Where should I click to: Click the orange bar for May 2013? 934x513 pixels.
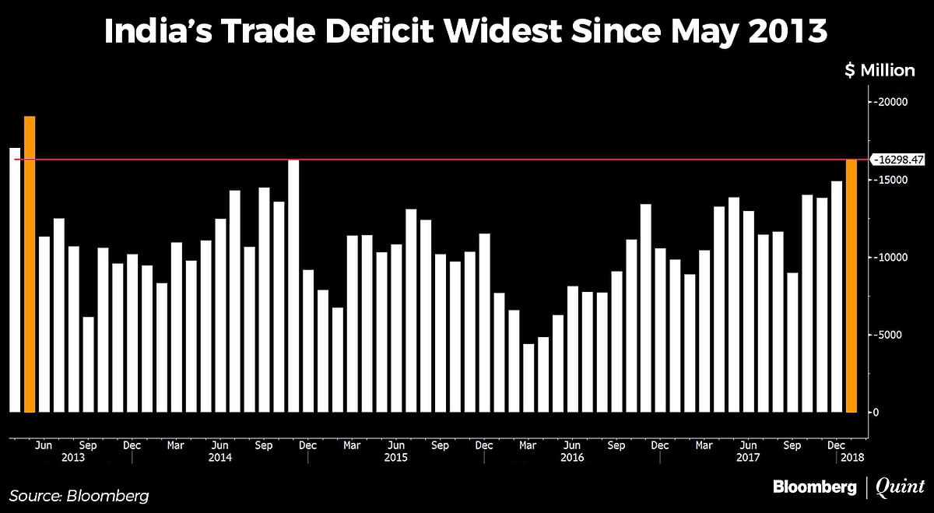point(30,264)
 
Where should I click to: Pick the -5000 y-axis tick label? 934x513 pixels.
point(888,336)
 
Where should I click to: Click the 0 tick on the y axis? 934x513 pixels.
point(877,413)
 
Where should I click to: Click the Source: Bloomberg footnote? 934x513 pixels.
point(79,495)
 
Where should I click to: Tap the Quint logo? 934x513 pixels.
point(901,487)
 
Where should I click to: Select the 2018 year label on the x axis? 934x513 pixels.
point(853,459)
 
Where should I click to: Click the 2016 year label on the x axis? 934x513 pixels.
point(572,459)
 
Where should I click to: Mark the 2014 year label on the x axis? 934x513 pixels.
point(220,459)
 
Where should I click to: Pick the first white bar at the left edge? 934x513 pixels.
point(15,279)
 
